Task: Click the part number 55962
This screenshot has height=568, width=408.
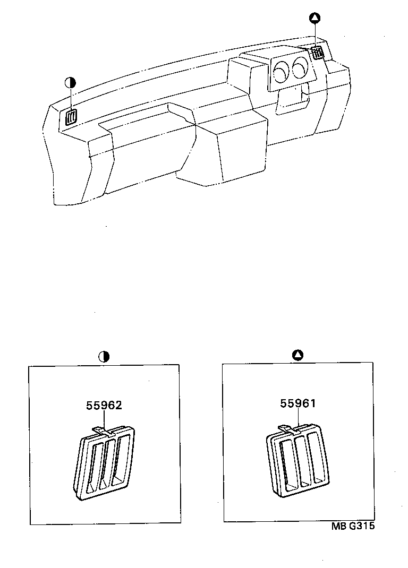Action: pyautogui.click(x=104, y=406)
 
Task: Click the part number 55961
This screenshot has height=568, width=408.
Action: pyautogui.click(x=298, y=403)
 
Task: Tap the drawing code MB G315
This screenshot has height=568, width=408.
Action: pyautogui.click(x=353, y=527)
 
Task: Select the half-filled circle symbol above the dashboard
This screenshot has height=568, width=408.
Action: pyautogui.click(x=70, y=82)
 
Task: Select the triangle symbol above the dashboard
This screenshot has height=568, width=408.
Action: pyautogui.click(x=314, y=19)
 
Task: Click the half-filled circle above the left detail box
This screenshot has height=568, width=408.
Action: pyautogui.click(x=104, y=356)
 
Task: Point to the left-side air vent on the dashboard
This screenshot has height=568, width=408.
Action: pyautogui.click(x=71, y=117)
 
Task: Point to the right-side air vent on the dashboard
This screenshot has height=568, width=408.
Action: pyautogui.click(x=318, y=53)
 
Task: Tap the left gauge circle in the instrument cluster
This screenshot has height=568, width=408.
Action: pyautogui.click(x=282, y=71)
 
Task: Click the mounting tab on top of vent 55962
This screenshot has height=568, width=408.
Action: pyautogui.click(x=99, y=430)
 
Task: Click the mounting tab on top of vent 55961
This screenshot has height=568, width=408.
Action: pyautogui.click(x=285, y=427)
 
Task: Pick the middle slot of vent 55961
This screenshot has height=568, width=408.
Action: pyautogui.click(x=303, y=459)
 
